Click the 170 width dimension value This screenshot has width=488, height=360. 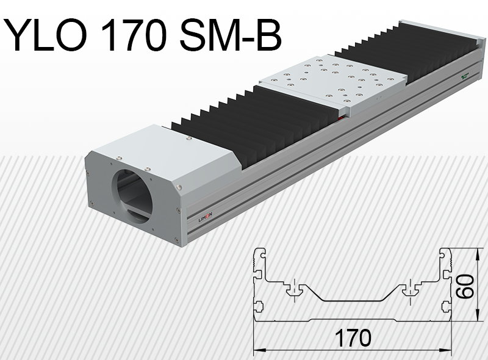pos(352,337)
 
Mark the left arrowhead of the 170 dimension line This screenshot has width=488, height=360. pos(257,350)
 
